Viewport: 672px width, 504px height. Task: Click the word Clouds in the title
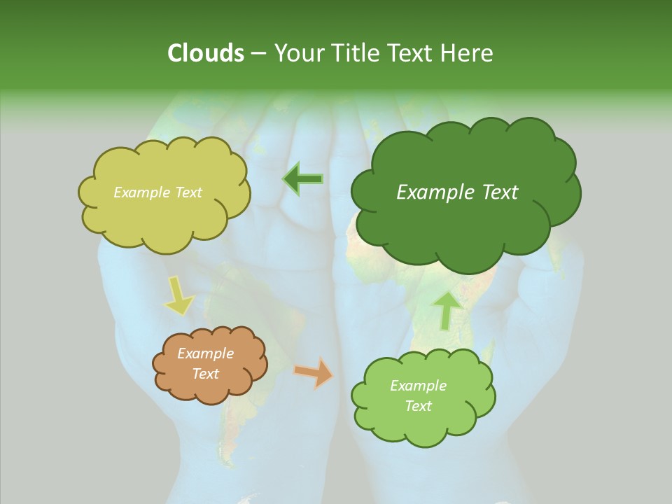205,53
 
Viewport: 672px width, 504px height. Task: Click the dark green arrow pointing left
302,178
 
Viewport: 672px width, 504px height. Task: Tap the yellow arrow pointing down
178,295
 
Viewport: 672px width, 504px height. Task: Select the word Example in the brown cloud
206,353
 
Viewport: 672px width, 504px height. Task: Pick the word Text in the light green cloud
418,406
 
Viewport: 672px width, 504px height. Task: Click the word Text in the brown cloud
206,374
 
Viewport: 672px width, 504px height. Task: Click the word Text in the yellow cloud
188,192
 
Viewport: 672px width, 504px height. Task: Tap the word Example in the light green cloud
418,386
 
